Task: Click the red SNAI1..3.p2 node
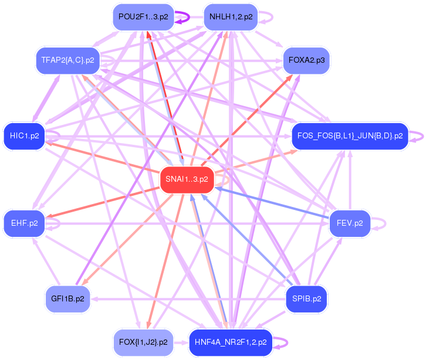187,179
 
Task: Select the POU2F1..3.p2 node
143,17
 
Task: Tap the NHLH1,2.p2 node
231,17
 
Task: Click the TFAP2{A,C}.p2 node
68,60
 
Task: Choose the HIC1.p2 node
24,136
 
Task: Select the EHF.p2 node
24,223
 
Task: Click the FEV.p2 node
350,223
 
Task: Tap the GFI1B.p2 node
67,298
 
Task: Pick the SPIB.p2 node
306,298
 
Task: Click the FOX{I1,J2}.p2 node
143,342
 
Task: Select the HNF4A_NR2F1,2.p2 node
231,342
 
